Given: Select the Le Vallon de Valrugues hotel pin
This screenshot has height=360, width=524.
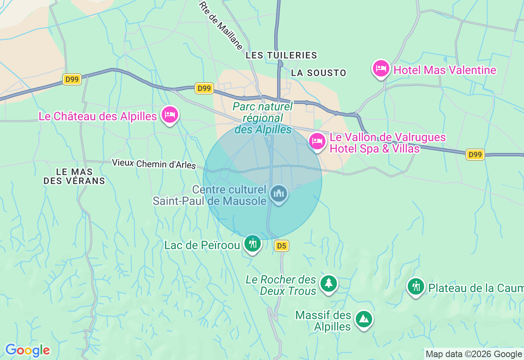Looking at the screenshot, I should click(317, 142).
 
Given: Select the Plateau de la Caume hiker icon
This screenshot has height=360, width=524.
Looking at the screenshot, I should click(416, 287).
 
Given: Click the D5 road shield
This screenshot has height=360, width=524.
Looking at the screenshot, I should click(281, 246).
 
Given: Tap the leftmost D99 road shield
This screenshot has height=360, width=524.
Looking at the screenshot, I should click(72, 79).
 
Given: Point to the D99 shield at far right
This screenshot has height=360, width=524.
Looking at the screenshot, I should click(475, 155).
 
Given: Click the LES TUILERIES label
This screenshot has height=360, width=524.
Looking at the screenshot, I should click(281, 55).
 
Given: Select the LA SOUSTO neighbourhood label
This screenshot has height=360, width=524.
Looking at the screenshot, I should click(318, 73).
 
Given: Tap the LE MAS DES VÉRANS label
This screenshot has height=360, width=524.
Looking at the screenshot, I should click(74, 176).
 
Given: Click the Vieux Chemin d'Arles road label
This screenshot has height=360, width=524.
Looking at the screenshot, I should click(154, 164).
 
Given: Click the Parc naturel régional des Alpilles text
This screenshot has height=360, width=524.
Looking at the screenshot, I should click(263, 118).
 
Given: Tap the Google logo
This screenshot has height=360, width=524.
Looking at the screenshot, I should click(27, 350).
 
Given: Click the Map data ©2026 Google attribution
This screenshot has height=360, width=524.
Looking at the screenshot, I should click(474, 354).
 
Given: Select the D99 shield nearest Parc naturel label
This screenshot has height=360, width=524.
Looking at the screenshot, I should click(204, 88).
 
